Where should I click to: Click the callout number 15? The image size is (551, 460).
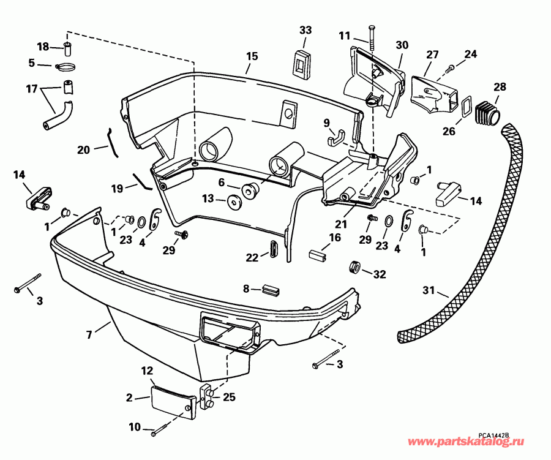click(252, 56)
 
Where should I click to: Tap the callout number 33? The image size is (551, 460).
click(305, 30)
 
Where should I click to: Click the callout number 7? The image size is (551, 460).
click(91, 334)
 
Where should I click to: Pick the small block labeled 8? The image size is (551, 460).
click(269, 288)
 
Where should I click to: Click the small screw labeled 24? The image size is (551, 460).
click(451, 66)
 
